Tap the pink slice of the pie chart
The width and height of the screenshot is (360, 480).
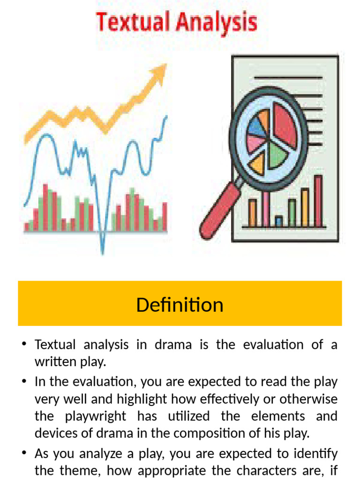pos(255,142)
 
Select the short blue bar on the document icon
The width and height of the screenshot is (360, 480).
pos(278,220)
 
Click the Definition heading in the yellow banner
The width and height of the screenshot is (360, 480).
pos(180,305)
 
